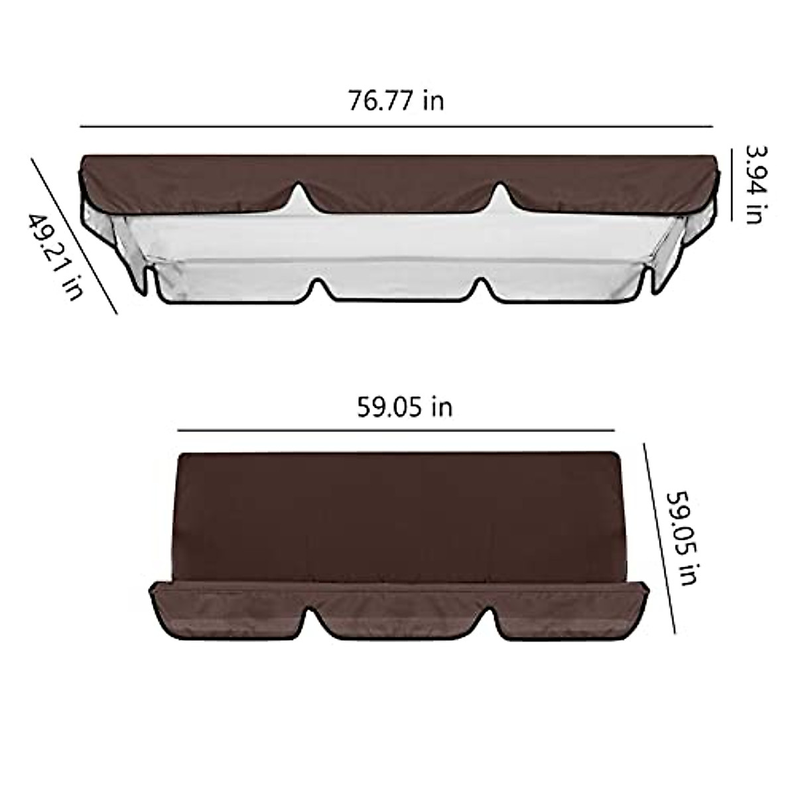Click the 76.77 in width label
pyautogui.click(x=396, y=101)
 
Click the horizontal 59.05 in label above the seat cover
pyautogui.click(x=405, y=407)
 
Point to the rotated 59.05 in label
pyautogui.click(x=681, y=537)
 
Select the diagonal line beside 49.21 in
pyautogui.click(x=74, y=235)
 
